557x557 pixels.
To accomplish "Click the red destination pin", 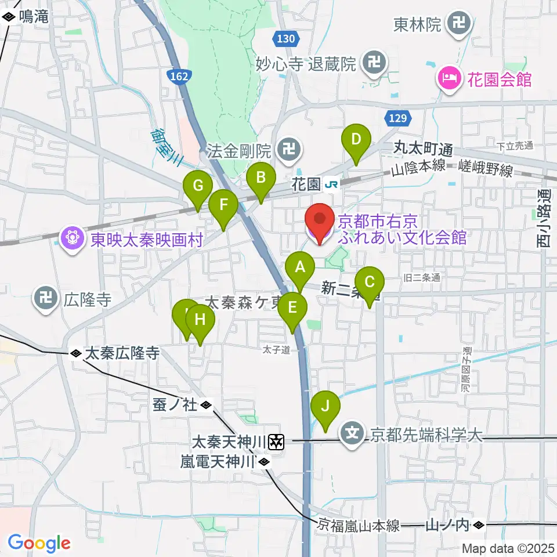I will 321,222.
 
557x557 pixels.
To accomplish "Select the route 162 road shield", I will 179,75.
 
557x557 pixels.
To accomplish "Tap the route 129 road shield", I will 395,118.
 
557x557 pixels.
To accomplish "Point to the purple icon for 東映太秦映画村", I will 72,239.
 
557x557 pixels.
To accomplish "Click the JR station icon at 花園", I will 332,184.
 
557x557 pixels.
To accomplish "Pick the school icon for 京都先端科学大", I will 353,432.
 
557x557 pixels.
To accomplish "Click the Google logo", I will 39,544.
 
